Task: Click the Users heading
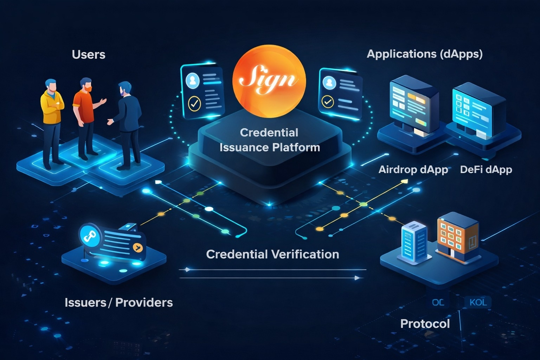point(89,55)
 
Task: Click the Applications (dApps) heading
point(425,54)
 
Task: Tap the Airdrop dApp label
point(413,170)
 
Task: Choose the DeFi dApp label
point(486,170)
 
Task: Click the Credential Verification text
point(272,254)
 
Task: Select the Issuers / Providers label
point(119,302)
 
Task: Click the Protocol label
point(425,323)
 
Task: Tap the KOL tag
point(478,302)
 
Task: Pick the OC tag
point(438,302)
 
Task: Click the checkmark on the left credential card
point(194,104)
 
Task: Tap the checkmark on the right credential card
point(328,102)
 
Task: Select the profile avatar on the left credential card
point(192,81)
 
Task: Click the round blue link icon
point(88,237)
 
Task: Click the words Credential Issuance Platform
point(270,140)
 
